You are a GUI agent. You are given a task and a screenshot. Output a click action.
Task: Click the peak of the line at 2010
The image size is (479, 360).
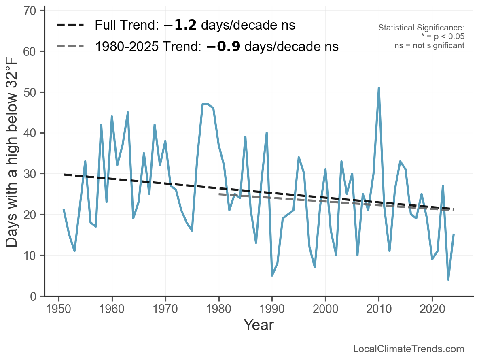[x=379, y=88]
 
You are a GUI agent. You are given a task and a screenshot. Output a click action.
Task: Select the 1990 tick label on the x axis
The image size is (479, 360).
[x=272, y=309]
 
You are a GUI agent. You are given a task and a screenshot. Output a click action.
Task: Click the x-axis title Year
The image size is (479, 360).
[x=259, y=325]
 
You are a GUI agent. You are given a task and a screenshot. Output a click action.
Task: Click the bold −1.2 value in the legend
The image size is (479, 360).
[x=180, y=25]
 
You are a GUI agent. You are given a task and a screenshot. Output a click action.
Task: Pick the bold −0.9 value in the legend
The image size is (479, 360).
[x=223, y=46]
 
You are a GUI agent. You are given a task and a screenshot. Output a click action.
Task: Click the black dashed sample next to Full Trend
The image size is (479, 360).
[x=70, y=25]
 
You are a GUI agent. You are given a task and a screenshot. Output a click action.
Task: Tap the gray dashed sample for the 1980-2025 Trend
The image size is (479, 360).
[x=70, y=46]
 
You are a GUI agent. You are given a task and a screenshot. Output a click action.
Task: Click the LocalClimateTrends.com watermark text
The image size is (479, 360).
[x=409, y=349]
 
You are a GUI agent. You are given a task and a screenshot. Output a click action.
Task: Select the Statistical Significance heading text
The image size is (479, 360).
[x=421, y=28]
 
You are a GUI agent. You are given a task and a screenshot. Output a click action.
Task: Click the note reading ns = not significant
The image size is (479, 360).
[x=429, y=45]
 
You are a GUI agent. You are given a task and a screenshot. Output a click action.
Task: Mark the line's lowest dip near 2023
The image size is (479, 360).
[x=448, y=279]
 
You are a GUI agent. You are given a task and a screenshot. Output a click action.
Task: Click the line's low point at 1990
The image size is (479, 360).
[x=272, y=275]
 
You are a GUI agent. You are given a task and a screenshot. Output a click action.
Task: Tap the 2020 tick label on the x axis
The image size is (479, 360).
[x=432, y=309]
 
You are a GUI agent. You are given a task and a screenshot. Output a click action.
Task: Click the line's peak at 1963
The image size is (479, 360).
[x=128, y=112]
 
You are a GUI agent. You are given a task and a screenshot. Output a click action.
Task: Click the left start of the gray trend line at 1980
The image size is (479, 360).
[x=219, y=194]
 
